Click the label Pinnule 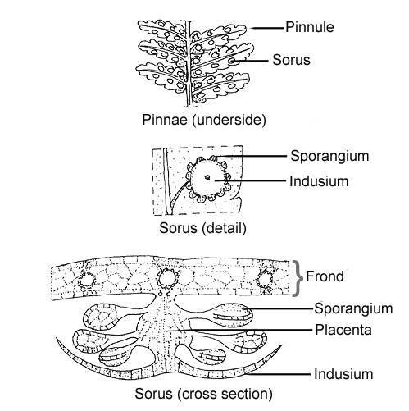click(x=310, y=27)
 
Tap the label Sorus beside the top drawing click(x=291, y=60)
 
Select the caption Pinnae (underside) click(x=204, y=120)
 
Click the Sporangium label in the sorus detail click(x=329, y=156)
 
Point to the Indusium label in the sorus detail click(x=319, y=181)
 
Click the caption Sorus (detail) click(x=202, y=227)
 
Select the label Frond click(x=325, y=276)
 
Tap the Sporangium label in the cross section click(x=353, y=308)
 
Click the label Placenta click(x=343, y=330)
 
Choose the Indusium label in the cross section click(x=343, y=374)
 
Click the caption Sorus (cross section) click(x=203, y=394)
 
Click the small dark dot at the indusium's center click(x=207, y=177)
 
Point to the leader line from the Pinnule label click(x=268, y=28)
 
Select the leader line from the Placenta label click(x=240, y=331)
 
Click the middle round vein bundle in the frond click(x=167, y=278)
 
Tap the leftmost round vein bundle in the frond click(x=87, y=280)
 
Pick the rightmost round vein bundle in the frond click(x=265, y=280)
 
